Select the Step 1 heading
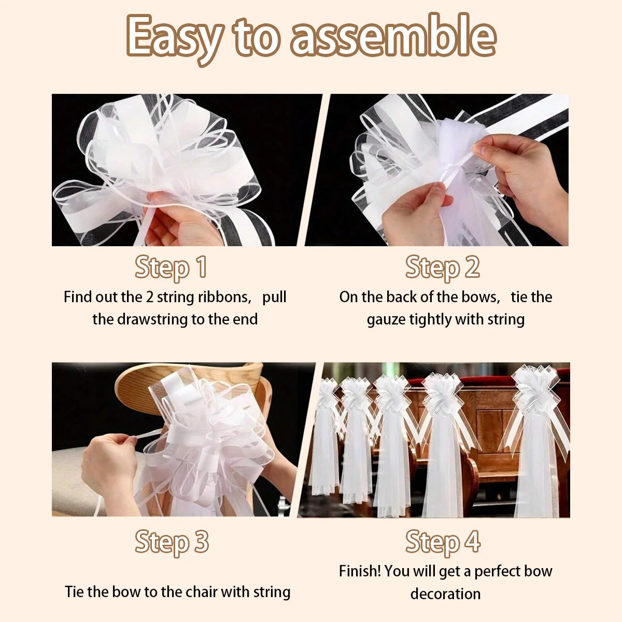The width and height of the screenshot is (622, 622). (171, 267)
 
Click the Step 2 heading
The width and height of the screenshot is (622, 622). (443, 267)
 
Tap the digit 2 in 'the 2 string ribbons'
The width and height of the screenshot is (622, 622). (149, 297)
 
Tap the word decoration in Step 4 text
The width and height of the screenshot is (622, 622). (445, 594)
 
